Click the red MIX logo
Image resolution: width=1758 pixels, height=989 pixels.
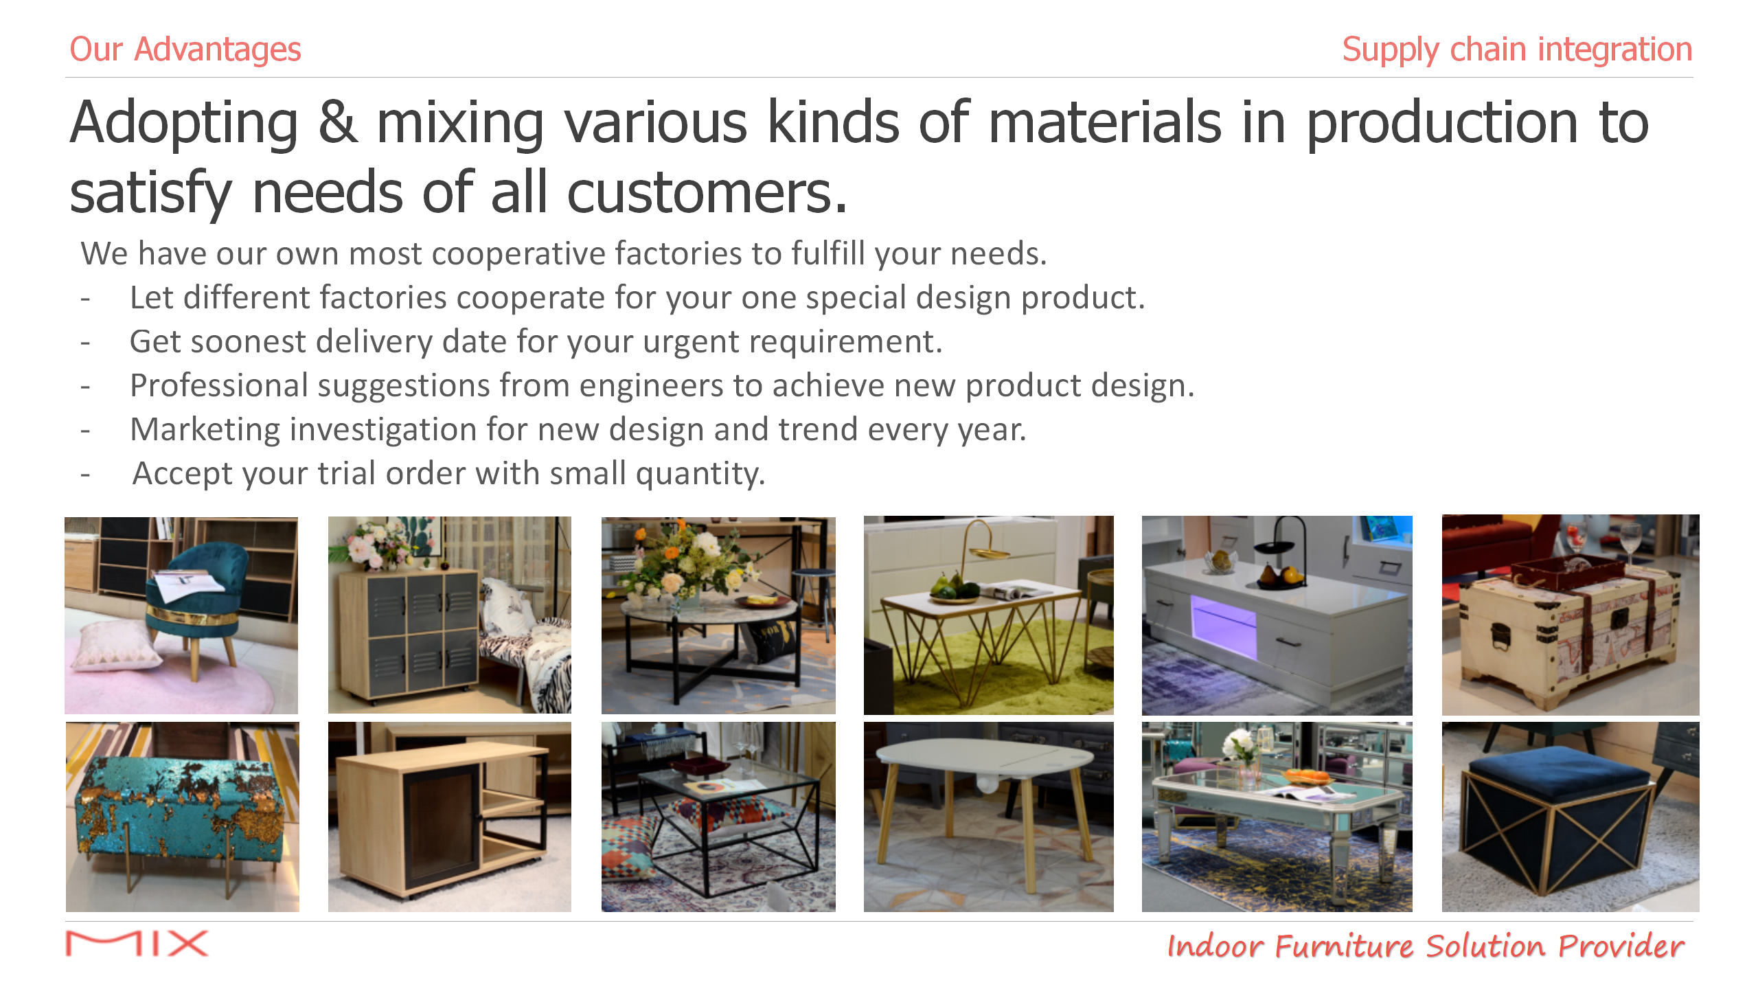(137, 944)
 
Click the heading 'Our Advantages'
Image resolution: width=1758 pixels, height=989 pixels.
(185, 49)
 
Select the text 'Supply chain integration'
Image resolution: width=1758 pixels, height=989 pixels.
(1517, 49)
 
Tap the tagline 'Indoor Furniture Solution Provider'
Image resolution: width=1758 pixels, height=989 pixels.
(1426, 946)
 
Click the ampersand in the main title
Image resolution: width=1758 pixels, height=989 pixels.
(338, 122)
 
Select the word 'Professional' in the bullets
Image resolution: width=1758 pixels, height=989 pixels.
(219, 386)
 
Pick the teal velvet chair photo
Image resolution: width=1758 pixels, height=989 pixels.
(181, 615)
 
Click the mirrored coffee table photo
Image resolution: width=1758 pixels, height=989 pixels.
(1277, 817)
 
